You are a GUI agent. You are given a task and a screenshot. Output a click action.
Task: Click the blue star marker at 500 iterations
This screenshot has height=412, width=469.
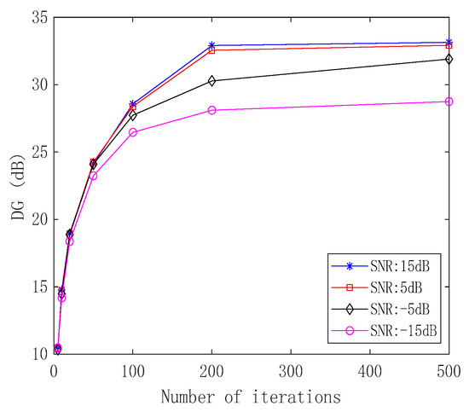[449, 42]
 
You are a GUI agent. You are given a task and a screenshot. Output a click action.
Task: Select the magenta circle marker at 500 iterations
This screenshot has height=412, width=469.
[449, 102]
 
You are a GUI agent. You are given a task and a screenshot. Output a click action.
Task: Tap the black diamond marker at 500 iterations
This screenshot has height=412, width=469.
[449, 59]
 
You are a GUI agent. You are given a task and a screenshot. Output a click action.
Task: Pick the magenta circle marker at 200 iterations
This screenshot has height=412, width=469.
[211, 110]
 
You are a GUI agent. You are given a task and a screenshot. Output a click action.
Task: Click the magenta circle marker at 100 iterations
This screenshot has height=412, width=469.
[133, 132]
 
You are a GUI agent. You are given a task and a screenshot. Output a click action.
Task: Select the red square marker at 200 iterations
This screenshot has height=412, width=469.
[211, 50]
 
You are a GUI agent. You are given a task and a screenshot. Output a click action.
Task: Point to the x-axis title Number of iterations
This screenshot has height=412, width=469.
[252, 397]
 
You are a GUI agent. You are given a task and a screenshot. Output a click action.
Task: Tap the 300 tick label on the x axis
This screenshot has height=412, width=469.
[291, 371]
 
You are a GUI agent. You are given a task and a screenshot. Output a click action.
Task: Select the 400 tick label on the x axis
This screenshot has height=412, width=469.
[369, 371]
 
